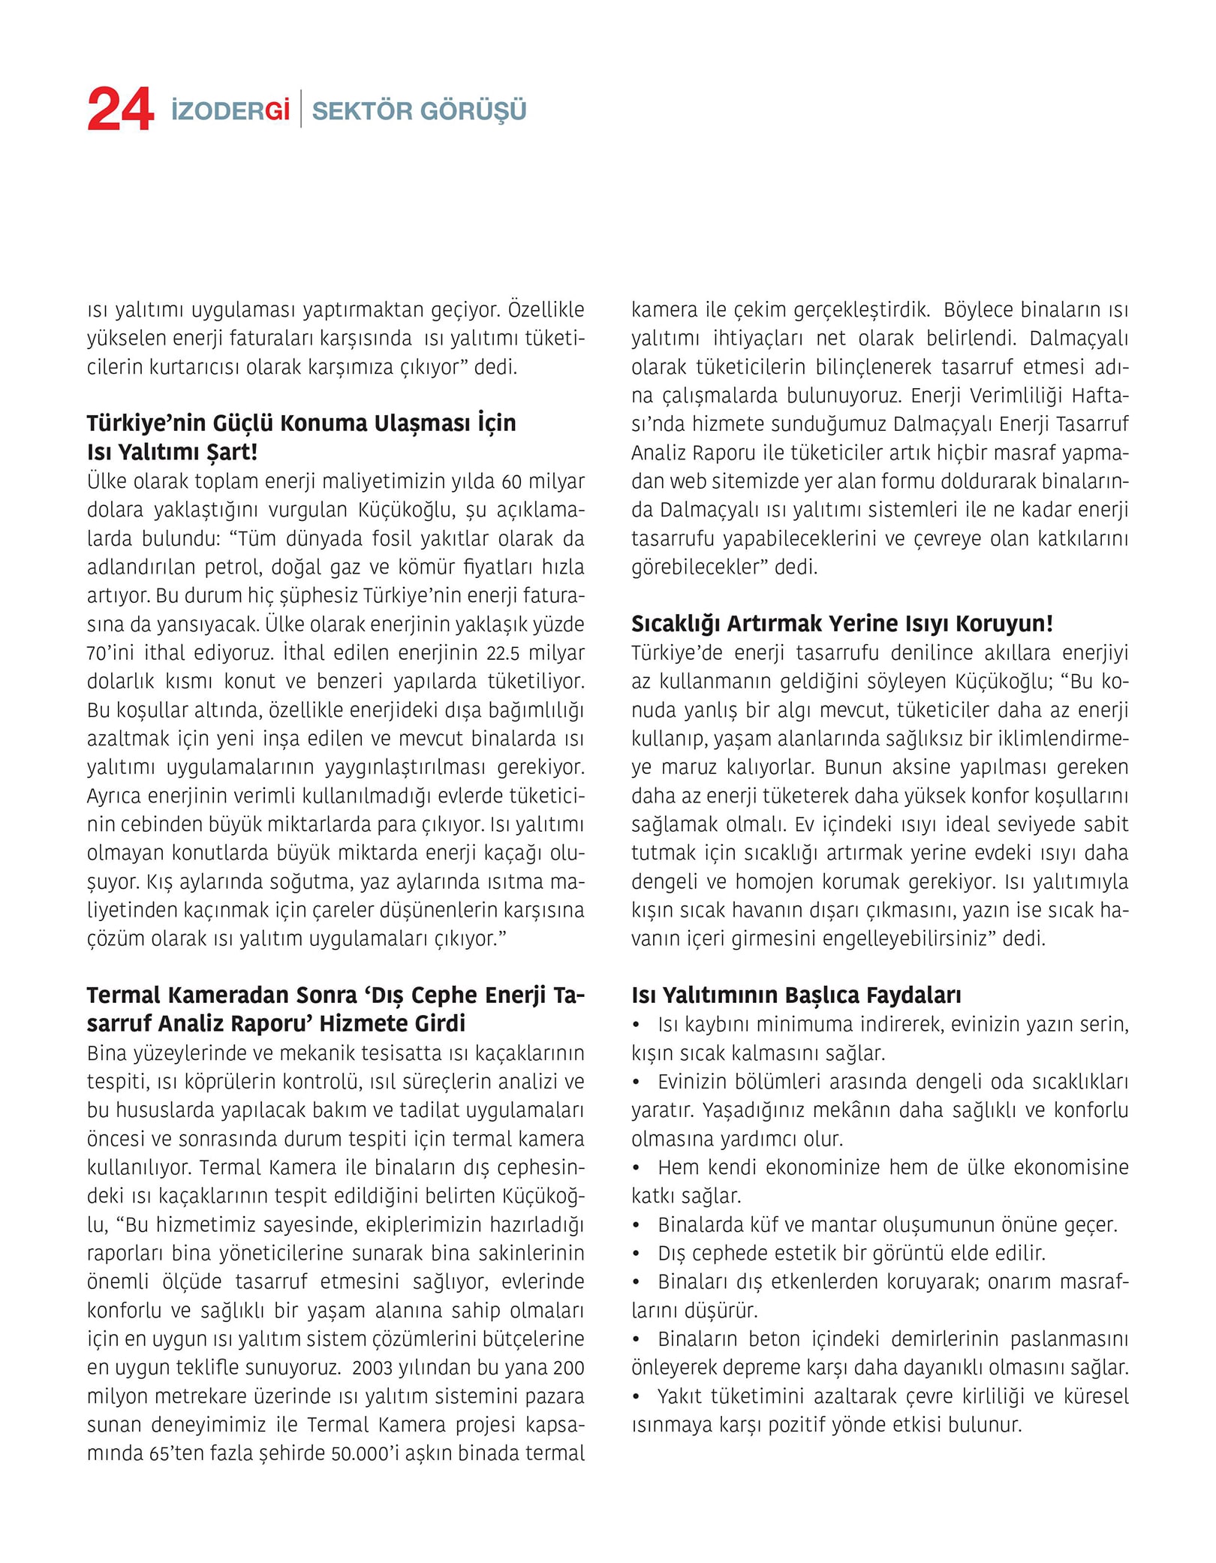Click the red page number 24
(x=120, y=110)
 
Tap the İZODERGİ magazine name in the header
(x=230, y=111)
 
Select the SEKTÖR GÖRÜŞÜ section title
(x=419, y=111)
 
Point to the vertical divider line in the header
(x=301, y=110)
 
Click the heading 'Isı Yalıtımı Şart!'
(x=172, y=453)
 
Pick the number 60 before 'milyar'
(x=512, y=481)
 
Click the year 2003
(x=373, y=1368)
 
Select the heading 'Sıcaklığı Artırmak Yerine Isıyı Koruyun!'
(x=841, y=624)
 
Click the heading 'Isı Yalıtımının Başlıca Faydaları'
(x=796, y=995)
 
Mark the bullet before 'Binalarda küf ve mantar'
(x=637, y=1225)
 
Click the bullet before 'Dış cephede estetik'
(x=637, y=1254)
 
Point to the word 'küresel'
(x=1094, y=1396)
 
